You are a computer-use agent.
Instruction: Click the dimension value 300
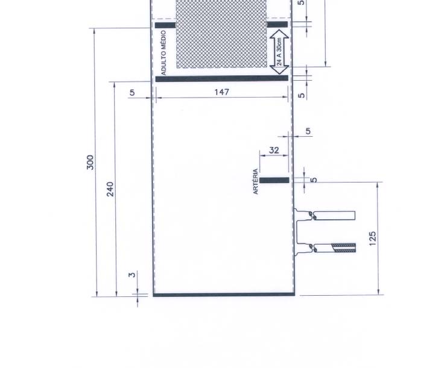[x=90, y=162]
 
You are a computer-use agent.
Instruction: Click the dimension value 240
[x=110, y=189]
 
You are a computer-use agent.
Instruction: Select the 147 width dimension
[x=222, y=92]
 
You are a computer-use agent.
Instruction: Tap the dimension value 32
[x=274, y=150]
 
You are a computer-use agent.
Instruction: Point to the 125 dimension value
[x=373, y=239]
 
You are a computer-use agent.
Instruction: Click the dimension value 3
[x=132, y=275]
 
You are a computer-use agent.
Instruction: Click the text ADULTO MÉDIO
[x=163, y=53]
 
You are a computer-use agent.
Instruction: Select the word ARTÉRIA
[x=256, y=181]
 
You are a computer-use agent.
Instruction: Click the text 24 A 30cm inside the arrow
[x=279, y=52]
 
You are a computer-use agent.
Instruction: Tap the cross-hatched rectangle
[x=221, y=34]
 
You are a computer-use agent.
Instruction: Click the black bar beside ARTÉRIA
[x=274, y=180]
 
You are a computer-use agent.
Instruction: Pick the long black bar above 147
[x=222, y=78]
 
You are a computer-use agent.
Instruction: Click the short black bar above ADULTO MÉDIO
[x=165, y=25]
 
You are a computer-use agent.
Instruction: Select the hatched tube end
[x=344, y=248]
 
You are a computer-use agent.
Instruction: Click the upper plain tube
[x=334, y=216]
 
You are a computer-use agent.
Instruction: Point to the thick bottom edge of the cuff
[x=224, y=295]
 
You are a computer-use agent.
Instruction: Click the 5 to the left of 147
[x=132, y=93]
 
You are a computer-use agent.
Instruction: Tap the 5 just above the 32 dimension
[x=308, y=131]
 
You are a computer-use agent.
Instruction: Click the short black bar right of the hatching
[x=277, y=25]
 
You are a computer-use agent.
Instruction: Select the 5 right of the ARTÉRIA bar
[x=314, y=180]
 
